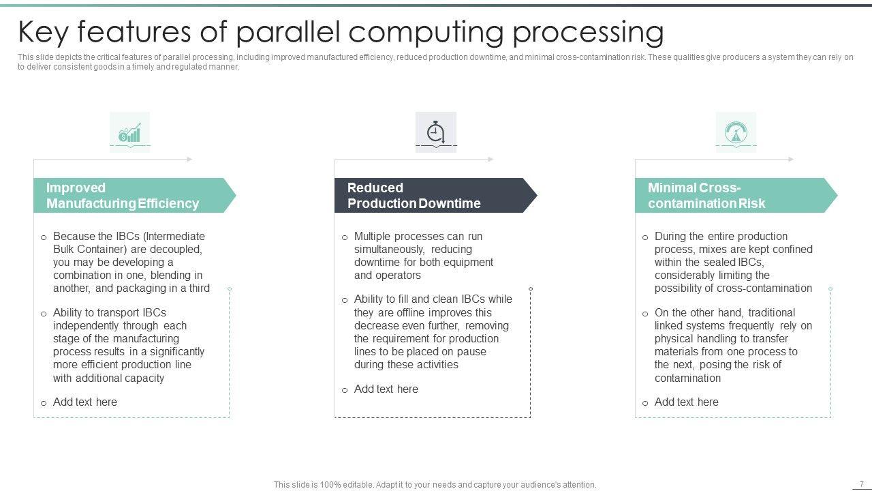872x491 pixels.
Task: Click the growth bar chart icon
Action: pyautogui.click(x=129, y=133)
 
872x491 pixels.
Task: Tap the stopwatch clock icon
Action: pyautogui.click(x=436, y=132)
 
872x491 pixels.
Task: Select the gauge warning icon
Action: pyautogui.click(x=736, y=132)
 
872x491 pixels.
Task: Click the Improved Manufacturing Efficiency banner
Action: pyautogui.click(x=129, y=196)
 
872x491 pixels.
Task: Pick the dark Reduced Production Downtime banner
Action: pyautogui.click(x=429, y=196)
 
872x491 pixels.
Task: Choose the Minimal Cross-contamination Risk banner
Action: pyautogui.click(x=729, y=196)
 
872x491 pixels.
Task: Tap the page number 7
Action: pyautogui.click(x=862, y=484)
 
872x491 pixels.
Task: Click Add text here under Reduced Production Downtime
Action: pyautogui.click(x=386, y=389)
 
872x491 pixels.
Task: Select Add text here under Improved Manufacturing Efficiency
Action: pyautogui.click(x=85, y=402)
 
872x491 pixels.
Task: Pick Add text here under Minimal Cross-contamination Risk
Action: pyautogui.click(x=686, y=402)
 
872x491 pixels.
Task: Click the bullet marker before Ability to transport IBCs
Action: pyautogui.click(x=44, y=314)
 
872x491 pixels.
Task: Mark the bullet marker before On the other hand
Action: pyautogui.click(x=645, y=314)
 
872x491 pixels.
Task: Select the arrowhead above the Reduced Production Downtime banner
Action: pyautogui.click(x=490, y=160)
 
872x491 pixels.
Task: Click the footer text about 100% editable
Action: pyautogui.click(x=435, y=485)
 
